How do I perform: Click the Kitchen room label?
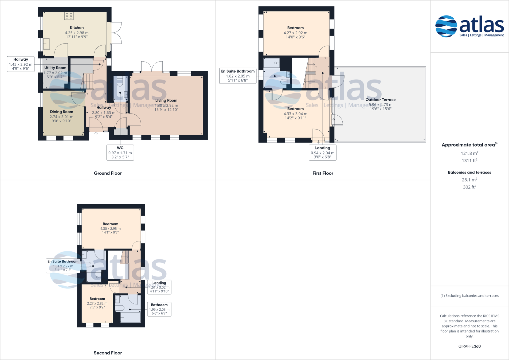(x=77, y=28)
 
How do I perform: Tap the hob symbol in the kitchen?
(x=69, y=16)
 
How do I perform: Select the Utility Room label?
(x=55, y=68)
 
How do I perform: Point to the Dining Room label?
(x=61, y=112)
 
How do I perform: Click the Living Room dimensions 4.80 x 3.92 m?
(x=166, y=105)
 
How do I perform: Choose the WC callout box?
(x=120, y=152)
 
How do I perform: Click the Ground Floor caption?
(x=108, y=173)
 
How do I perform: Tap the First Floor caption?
(x=323, y=173)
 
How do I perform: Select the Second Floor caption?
(x=108, y=353)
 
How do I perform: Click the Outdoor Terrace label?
(x=381, y=100)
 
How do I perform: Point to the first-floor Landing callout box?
(x=323, y=152)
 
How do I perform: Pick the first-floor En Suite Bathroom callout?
(x=238, y=76)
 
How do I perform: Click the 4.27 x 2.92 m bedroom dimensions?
(x=295, y=33)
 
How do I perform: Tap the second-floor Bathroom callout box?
(x=159, y=309)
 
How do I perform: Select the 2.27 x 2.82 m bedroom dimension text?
(x=97, y=303)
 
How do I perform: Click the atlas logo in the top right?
(x=469, y=26)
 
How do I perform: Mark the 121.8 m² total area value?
(x=469, y=153)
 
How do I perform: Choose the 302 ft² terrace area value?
(x=469, y=187)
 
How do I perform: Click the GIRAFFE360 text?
(x=469, y=346)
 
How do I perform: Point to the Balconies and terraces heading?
(x=469, y=173)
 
